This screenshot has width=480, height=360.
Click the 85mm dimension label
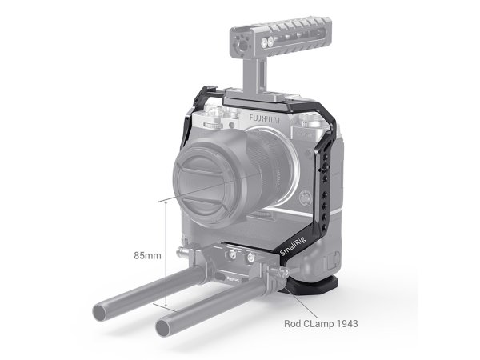coord(148,255)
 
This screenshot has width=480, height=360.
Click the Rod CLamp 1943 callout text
coord(320,325)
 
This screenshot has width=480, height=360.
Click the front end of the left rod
coord(107,309)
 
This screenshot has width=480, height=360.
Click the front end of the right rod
coord(171,326)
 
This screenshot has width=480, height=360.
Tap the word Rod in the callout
coord(293,325)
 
